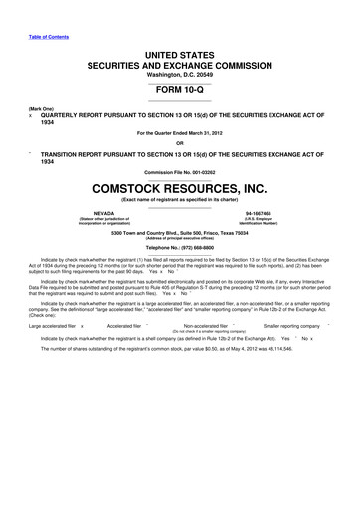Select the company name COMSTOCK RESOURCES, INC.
(179, 186)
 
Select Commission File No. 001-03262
(179, 170)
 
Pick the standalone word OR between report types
(179, 140)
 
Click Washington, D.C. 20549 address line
(179, 74)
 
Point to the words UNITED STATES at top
(179, 51)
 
